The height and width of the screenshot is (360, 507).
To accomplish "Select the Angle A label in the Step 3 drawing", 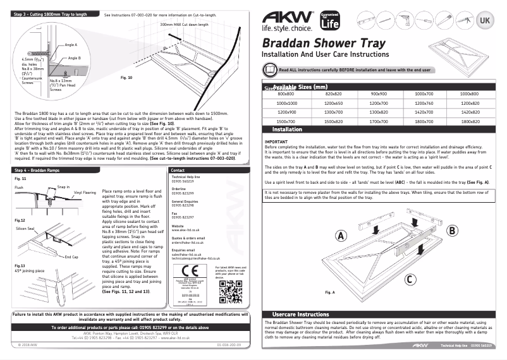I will (x=71, y=45).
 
